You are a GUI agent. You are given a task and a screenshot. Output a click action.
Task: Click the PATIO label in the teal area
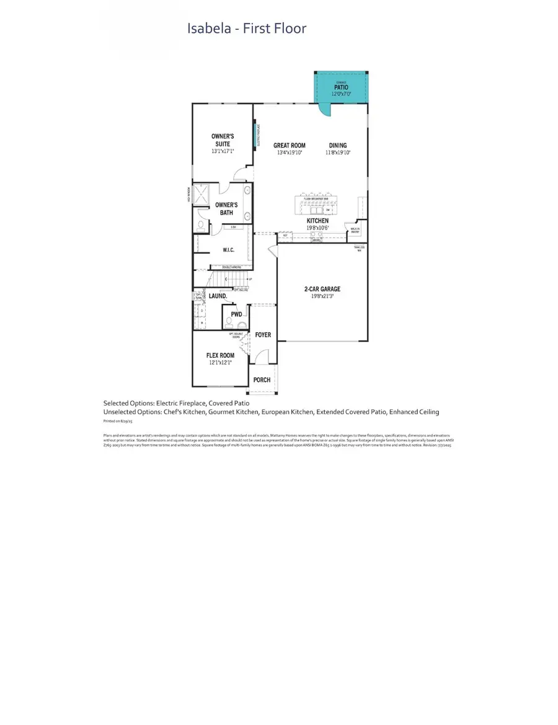pyautogui.click(x=341, y=87)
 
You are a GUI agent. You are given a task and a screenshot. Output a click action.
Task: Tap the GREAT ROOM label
pyautogui.click(x=289, y=146)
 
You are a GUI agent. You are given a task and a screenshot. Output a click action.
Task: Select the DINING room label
pyautogui.click(x=338, y=146)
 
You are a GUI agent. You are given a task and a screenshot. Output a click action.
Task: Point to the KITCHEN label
pyautogui.click(x=317, y=221)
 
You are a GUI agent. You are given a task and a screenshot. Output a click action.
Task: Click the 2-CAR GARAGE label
pyautogui.click(x=322, y=289)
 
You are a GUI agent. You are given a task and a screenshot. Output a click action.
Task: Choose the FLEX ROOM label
pyautogui.click(x=220, y=355)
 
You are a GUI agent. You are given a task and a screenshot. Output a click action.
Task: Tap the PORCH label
pyautogui.click(x=262, y=380)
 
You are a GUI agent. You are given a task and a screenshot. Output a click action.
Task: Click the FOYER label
pyautogui.click(x=263, y=335)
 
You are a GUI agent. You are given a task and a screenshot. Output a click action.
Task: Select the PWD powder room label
pyautogui.click(x=236, y=314)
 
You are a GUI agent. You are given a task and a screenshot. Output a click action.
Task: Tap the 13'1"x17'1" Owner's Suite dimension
pyautogui.click(x=222, y=151)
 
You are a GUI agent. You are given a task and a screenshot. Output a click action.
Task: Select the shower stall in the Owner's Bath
pyautogui.click(x=200, y=194)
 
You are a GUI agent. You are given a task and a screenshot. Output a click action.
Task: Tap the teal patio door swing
pyautogui.click(x=325, y=110)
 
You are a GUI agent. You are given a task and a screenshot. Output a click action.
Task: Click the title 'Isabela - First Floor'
pyautogui.click(x=247, y=29)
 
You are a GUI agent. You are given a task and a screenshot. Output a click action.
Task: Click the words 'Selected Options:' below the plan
pyautogui.click(x=129, y=403)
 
